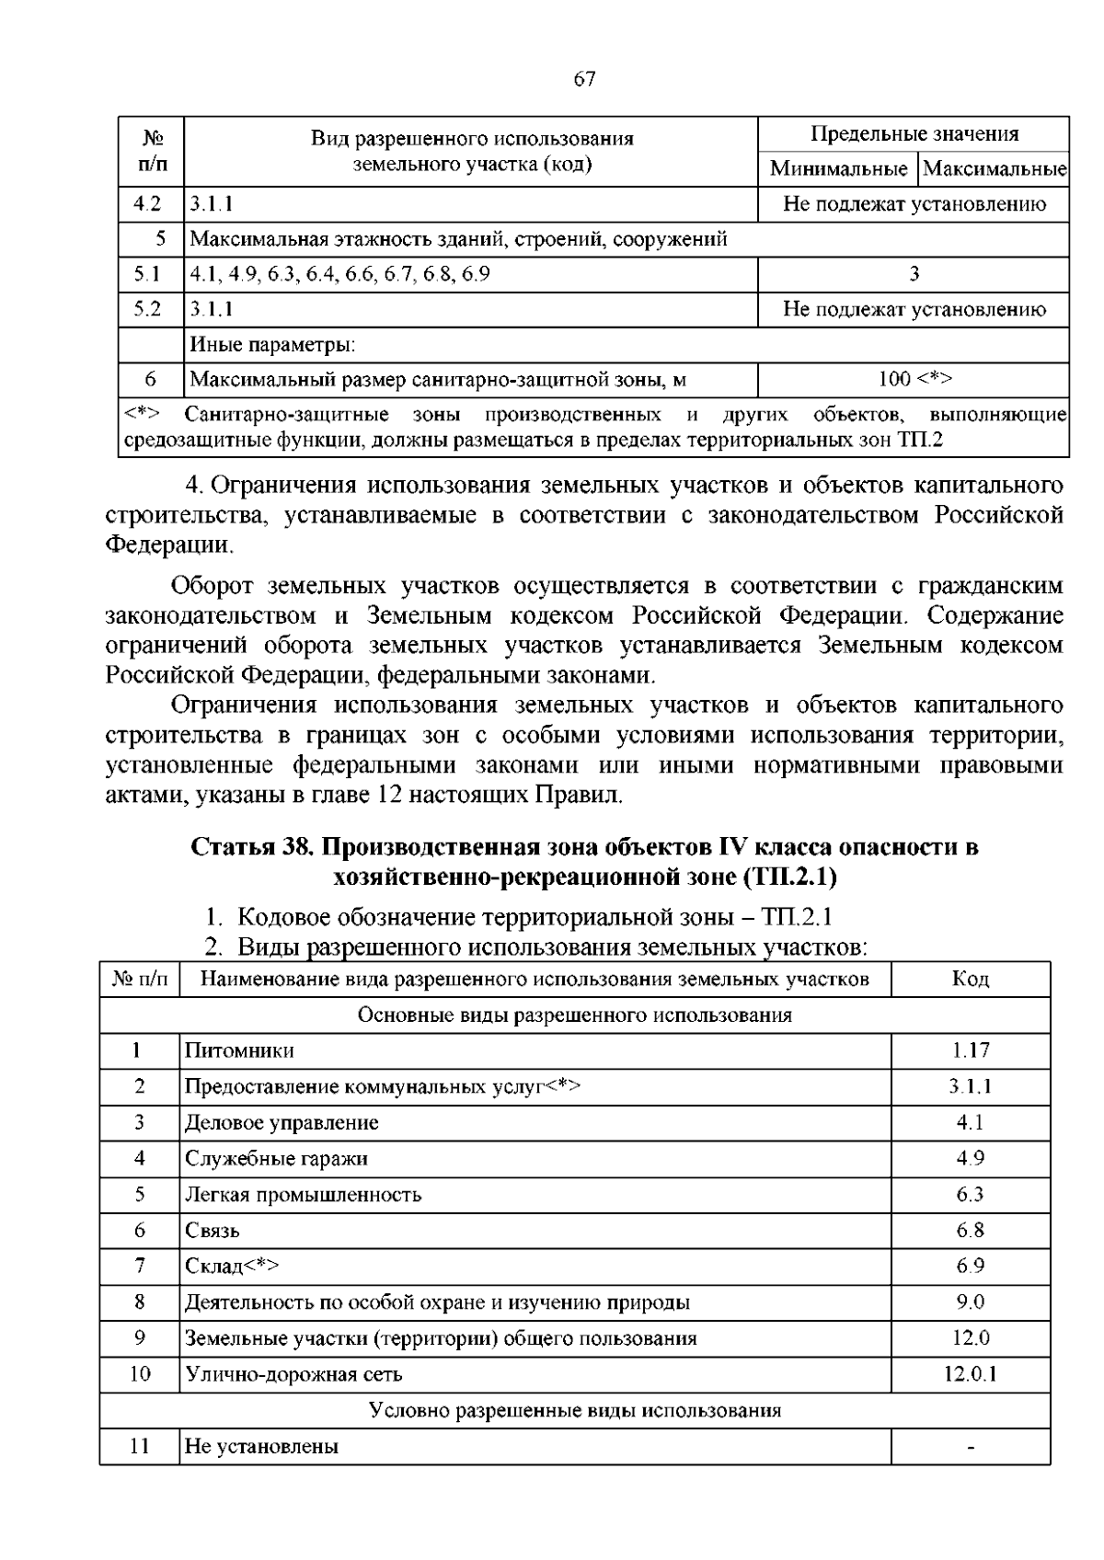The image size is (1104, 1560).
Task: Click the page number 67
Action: click(x=584, y=79)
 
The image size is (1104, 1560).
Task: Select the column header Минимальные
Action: click(x=838, y=169)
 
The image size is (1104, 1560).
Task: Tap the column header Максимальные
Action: click(x=994, y=169)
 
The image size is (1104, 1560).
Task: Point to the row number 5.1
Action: click(x=147, y=274)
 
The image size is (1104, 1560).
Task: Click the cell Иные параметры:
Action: click(x=272, y=345)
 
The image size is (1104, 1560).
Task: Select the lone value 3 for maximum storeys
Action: click(x=914, y=274)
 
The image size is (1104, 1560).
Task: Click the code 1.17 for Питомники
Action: click(x=970, y=1050)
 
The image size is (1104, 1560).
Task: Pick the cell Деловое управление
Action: click(x=282, y=1122)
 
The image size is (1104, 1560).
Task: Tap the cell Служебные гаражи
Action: click(x=276, y=1158)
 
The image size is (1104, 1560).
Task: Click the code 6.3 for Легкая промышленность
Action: click(x=970, y=1194)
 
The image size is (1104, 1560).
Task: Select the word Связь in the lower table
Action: click(x=213, y=1230)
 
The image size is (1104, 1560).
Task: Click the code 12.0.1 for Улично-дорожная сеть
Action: click(x=970, y=1374)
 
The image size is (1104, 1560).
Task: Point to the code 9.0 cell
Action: click(x=970, y=1302)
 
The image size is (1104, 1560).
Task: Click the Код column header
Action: click(x=970, y=979)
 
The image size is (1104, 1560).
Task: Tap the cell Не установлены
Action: click(x=261, y=1446)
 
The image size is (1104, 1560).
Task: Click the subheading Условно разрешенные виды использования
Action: click(x=575, y=1410)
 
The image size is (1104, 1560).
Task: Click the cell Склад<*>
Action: click(x=232, y=1266)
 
